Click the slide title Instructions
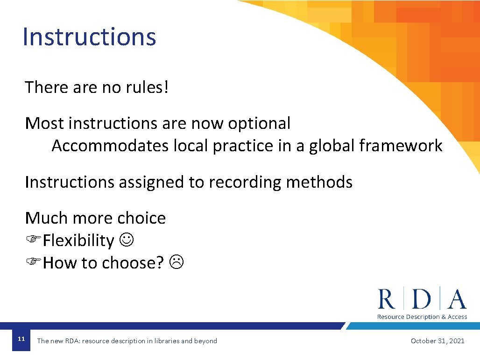tap(89, 37)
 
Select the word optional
tap(259, 123)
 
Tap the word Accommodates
tap(110, 146)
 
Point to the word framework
tap(401, 146)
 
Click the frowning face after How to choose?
tap(177, 263)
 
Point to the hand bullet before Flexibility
tap(33, 240)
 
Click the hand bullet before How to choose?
tap(33, 263)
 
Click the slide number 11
tap(21, 339)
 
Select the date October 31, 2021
tap(438, 341)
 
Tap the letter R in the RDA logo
tap(387, 299)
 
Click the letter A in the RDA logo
tap(457, 299)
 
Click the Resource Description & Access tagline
tap(422, 317)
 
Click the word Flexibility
tap(78, 241)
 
